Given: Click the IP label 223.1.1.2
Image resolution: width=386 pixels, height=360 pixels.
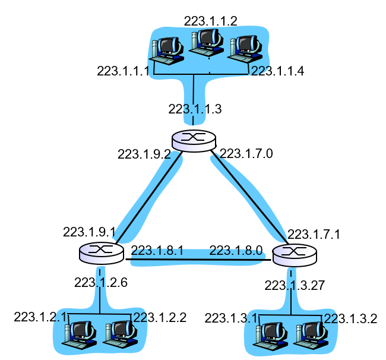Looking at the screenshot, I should click(210, 21).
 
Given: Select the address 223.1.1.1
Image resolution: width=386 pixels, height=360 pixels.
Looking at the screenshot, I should click(124, 71).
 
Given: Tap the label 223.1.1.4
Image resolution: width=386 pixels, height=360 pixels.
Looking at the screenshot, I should click(278, 71).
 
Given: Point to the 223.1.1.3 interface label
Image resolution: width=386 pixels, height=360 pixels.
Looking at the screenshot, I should click(195, 109).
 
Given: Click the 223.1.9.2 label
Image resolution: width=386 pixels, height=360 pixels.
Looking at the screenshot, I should click(144, 154).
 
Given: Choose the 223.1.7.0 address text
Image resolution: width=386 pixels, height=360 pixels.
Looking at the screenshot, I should click(246, 153).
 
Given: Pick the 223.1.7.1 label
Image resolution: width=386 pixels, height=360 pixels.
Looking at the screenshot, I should click(314, 234).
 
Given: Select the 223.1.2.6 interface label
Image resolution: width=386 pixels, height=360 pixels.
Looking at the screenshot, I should click(101, 283).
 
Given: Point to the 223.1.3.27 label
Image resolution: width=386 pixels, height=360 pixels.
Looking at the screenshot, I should click(295, 285).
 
